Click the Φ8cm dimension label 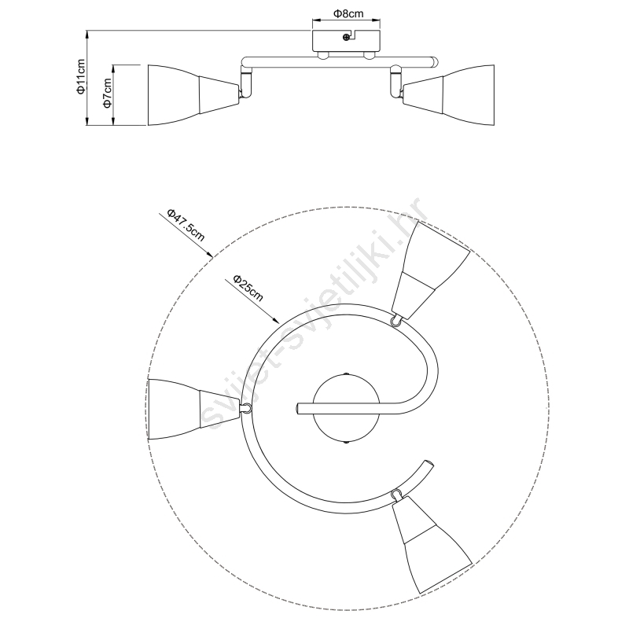point(348,13)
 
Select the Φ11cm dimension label point(81,76)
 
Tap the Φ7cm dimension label point(107,93)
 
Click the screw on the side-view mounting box point(346,37)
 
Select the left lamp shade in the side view point(193,94)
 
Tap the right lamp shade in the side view point(448,94)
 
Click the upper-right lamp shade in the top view point(429,270)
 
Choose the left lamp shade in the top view point(193,409)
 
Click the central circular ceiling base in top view point(346,408)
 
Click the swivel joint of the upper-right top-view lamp point(396,321)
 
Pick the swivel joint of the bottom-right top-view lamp point(397,494)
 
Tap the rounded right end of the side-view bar point(435,62)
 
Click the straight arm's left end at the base point(297,409)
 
